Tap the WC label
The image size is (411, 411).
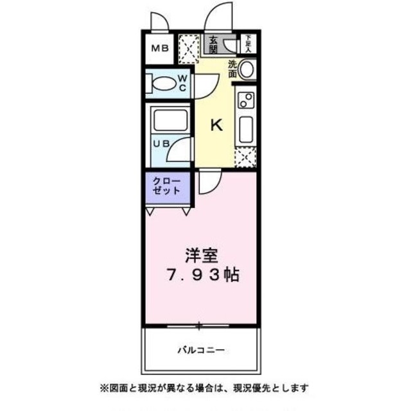pyautogui.click(x=182, y=83)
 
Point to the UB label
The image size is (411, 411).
pyautogui.click(x=161, y=144)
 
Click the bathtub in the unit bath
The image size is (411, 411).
pyautogui.click(x=169, y=119)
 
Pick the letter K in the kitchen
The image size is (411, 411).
pyautogui.click(x=217, y=125)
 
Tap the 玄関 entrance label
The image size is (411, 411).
pyautogui.click(x=213, y=43)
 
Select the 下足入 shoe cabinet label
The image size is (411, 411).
pyautogui.click(x=248, y=44)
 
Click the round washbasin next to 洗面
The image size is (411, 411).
pyautogui.click(x=247, y=68)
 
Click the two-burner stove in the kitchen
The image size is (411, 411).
pyautogui.click(x=246, y=100)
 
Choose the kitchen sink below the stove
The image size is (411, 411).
pyautogui.click(x=246, y=128)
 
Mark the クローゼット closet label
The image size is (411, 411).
pyautogui.click(x=167, y=186)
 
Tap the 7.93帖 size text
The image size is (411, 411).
pyautogui.click(x=203, y=275)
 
